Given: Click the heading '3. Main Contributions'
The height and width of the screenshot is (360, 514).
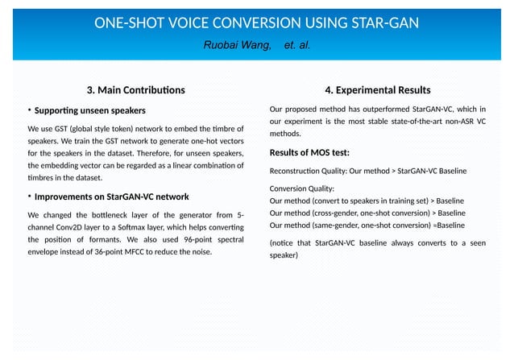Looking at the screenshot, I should (x=135, y=89).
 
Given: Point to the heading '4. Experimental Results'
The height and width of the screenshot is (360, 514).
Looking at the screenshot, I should (x=377, y=89).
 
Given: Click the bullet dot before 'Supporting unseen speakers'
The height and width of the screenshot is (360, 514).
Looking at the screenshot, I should (x=30, y=110).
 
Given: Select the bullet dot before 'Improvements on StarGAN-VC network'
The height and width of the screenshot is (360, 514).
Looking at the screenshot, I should (x=30, y=197).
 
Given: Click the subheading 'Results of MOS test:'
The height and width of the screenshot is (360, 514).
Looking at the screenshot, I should (x=309, y=152).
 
